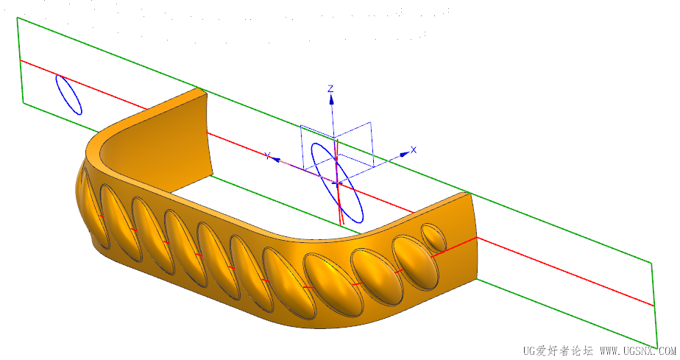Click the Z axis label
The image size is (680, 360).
[330, 89]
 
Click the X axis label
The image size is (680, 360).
[414, 150]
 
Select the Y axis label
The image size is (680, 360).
[268, 155]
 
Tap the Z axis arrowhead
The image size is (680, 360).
[332, 100]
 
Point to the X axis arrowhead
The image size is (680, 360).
[405, 154]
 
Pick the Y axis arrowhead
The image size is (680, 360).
[276, 159]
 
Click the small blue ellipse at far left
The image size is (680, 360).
[68, 95]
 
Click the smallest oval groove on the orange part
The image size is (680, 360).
[433, 237]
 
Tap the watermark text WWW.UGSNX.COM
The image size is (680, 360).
[638, 350]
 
